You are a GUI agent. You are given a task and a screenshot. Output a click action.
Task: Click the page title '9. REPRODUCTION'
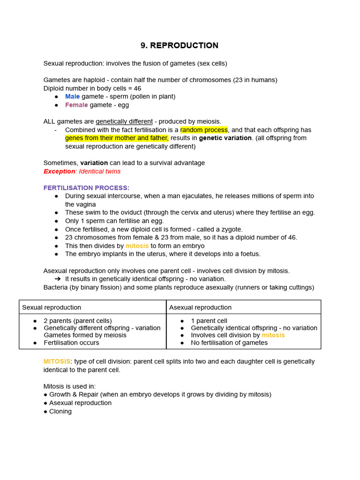tap(180, 45)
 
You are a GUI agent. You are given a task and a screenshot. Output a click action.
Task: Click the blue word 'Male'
tap(72, 97)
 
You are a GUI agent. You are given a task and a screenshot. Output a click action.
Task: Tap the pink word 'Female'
tap(76, 105)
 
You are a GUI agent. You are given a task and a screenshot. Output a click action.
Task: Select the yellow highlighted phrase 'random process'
tap(204, 130)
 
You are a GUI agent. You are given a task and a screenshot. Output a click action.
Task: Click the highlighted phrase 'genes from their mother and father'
tap(116, 138)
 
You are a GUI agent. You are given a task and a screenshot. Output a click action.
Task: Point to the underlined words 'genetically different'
tap(124, 121)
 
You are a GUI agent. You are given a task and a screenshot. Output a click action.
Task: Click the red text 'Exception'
tap(59, 172)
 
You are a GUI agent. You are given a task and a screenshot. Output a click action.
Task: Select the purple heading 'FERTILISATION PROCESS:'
tap(86, 188)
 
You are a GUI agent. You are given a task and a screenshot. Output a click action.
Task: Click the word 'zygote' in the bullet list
tap(231, 230)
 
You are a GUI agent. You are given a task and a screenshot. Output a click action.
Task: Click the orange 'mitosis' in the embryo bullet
tap(137, 246)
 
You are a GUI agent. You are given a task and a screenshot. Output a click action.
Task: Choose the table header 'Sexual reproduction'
tap(52, 307)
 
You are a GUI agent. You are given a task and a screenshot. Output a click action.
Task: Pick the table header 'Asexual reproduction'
tap(200, 307)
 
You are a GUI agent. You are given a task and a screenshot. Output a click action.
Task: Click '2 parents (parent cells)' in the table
tap(78, 321)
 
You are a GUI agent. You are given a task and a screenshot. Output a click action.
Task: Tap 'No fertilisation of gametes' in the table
tap(229, 343)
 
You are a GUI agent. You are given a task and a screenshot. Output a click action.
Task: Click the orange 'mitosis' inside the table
tap(273, 335)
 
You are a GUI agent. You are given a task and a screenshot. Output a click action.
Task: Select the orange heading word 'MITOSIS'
tap(56, 361)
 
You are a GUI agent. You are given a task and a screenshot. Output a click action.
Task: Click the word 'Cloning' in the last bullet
tap(60, 412)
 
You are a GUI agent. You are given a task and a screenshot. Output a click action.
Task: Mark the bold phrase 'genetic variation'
tap(225, 138)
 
